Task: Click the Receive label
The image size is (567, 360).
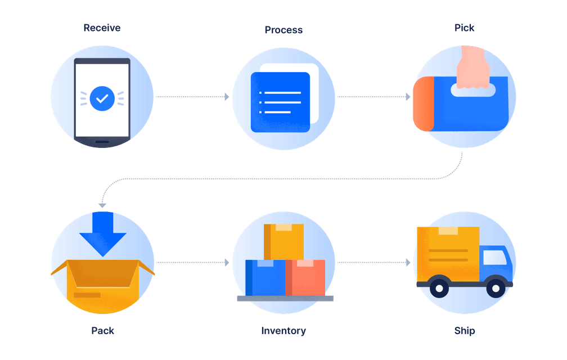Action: (x=102, y=28)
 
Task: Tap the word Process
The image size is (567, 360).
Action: (x=283, y=30)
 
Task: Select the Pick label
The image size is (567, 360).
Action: (x=464, y=28)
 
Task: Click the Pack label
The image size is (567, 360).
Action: (x=103, y=331)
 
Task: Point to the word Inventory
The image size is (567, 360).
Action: (x=283, y=331)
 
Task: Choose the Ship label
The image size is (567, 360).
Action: (x=465, y=331)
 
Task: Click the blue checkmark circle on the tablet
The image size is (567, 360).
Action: (x=102, y=98)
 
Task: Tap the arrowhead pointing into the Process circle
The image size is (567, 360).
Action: (x=227, y=97)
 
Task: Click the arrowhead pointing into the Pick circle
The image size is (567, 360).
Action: (x=408, y=97)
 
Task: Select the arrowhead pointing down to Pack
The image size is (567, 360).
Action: (x=102, y=205)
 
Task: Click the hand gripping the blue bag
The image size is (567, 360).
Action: (x=473, y=67)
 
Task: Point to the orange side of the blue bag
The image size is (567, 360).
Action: (x=424, y=103)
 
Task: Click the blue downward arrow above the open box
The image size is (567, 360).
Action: (x=103, y=233)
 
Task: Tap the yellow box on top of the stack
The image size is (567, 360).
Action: (x=284, y=242)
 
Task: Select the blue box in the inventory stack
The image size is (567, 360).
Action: (x=265, y=277)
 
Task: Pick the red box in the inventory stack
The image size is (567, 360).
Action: (x=305, y=277)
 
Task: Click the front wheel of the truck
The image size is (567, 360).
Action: (x=496, y=288)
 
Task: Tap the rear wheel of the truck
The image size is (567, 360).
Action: (x=439, y=288)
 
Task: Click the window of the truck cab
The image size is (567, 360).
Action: (x=495, y=258)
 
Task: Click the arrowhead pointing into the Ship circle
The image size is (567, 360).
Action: (x=408, y=262)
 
